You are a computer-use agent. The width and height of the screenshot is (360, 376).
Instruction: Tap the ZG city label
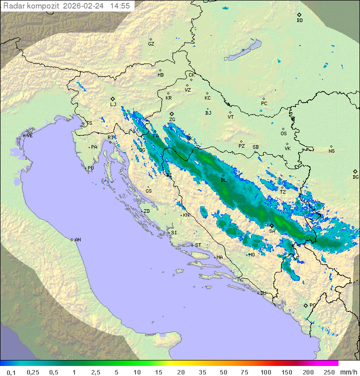point(172,120)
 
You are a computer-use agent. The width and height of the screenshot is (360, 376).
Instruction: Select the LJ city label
point(113,105)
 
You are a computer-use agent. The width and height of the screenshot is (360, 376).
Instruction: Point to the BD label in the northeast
point(299,21)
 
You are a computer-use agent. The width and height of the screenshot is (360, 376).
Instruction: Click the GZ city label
point(151,44)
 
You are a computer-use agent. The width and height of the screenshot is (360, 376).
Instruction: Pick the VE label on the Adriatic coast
point(29,136)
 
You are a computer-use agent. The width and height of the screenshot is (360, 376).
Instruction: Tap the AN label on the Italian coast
point(77,240)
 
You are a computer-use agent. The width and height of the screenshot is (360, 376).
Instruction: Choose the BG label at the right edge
point(355,177)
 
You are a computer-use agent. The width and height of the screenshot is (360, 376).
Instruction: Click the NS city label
point(331,151)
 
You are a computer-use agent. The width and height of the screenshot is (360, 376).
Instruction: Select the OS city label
point(283,134)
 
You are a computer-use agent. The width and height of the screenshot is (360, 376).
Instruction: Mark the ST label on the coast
point(198,245)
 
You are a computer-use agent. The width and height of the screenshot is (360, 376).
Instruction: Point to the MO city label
point(251,254)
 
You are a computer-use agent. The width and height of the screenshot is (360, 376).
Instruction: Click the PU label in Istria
point(90,168)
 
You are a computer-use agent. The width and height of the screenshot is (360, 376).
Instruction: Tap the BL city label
point(223,180)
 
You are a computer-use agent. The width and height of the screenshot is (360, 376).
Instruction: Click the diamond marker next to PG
point(305,305)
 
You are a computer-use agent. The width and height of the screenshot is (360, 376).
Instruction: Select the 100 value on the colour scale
point(265,372)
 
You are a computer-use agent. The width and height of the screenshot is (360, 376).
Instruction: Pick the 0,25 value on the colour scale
point(33,372)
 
